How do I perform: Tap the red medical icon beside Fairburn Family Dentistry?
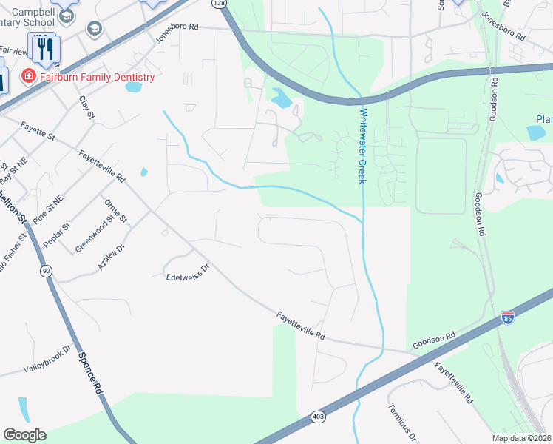point(28,76)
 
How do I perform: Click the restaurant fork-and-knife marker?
point(47,49)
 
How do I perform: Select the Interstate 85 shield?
point(507,317)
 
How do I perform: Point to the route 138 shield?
point(219,4)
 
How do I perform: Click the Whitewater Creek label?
point(362,146)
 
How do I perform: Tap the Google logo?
point(24,435)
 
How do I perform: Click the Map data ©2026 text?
point(520,438)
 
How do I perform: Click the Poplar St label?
point(55,235)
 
